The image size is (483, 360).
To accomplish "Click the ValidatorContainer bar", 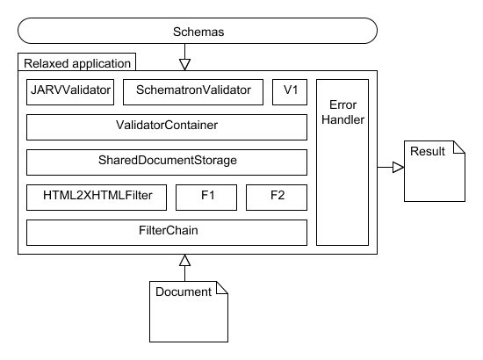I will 167,126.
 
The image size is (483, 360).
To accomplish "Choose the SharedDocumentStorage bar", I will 167,162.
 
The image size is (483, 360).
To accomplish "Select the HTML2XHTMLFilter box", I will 97,198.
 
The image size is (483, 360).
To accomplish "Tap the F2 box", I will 276,198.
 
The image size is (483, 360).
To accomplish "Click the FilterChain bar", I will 167,233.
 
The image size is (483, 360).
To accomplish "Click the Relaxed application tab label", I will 76,63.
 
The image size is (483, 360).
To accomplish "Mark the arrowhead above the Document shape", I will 184,260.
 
